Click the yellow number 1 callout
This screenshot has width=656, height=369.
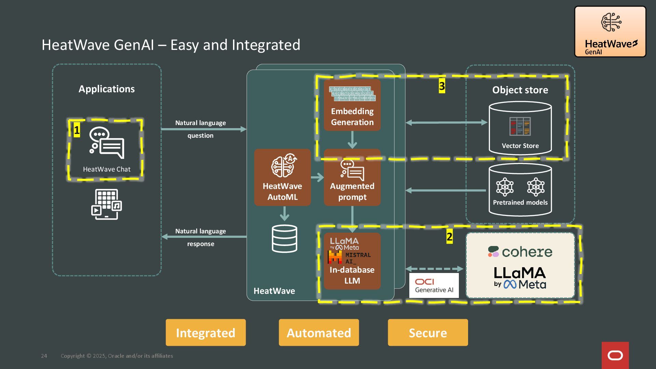coord(77,130)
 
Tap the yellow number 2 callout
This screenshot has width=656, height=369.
coord(449,236)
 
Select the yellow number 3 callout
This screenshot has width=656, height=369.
coord(442,86)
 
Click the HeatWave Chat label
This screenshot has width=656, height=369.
coord(107,169)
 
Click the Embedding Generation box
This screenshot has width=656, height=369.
coord(352,105)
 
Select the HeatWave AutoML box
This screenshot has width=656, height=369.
coord(282,177)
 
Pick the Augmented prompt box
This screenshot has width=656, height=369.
coord(352,177)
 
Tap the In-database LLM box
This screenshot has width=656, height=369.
coord(352,261)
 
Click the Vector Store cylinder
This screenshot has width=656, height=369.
coord(520,128)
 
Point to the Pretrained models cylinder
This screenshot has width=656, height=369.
coord(520,190)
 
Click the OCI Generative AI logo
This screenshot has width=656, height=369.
coord(434,285)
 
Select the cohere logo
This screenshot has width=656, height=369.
coord(520,252)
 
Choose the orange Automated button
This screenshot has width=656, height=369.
coord(319,332)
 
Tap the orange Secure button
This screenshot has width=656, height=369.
coord(428,332)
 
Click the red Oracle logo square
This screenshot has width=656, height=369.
coord(615,355)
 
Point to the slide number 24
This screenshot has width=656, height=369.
coord(44,356)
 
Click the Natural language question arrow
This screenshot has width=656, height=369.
coord(204,129)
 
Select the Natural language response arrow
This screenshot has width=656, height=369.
coord(204,236)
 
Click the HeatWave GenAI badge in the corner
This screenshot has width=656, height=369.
coord(610,31)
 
